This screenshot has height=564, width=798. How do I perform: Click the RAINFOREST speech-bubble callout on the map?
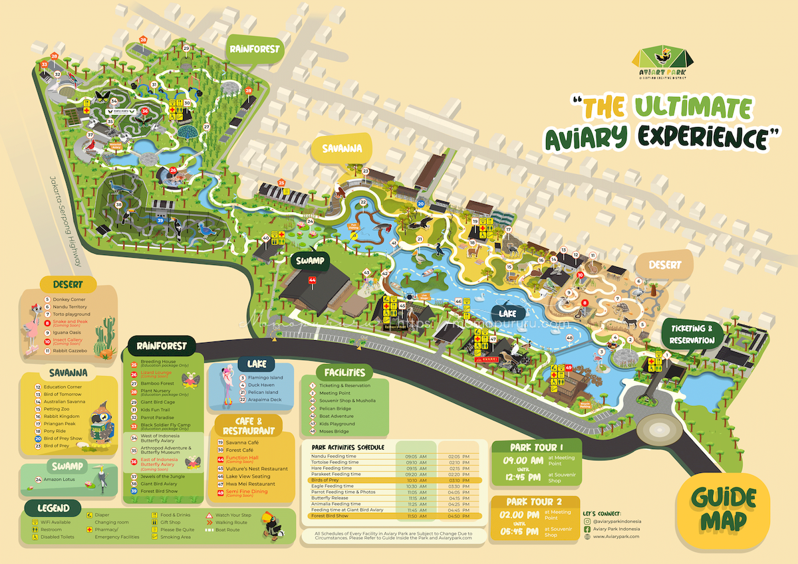pyautogui.click(x=255, y=49)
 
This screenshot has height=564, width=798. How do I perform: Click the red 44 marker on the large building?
pyautogui.click(x=313, y=280)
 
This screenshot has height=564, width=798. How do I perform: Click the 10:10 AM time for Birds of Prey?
pyautogui.click(x=412, y=480)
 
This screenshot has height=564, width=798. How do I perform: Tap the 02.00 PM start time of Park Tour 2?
pyautogui.click(x=522, y=514)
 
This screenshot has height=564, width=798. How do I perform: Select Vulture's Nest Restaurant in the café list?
pyautogui.click(x=256, y=468)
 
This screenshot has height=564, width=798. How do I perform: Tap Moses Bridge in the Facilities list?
pyautogui.click(x=332, y=432)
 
